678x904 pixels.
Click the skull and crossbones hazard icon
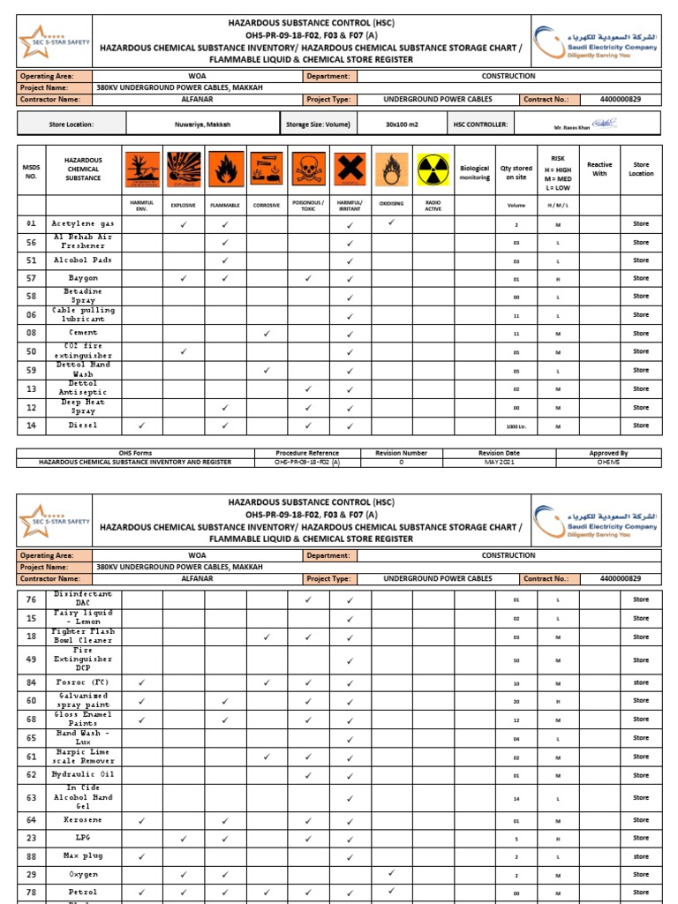click(308, 169)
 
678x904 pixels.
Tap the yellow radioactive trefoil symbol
click(433, 169)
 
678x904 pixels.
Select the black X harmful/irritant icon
click(350, 169)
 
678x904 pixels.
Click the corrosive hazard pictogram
click(267, 169)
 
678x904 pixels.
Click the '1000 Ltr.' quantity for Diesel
click(516, 426)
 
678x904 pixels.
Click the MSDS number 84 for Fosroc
click(31, 682)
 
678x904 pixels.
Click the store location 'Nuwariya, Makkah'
click(202, 125)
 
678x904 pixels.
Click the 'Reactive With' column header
click(599, 169)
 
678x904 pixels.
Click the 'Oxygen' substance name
click(83, 874)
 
